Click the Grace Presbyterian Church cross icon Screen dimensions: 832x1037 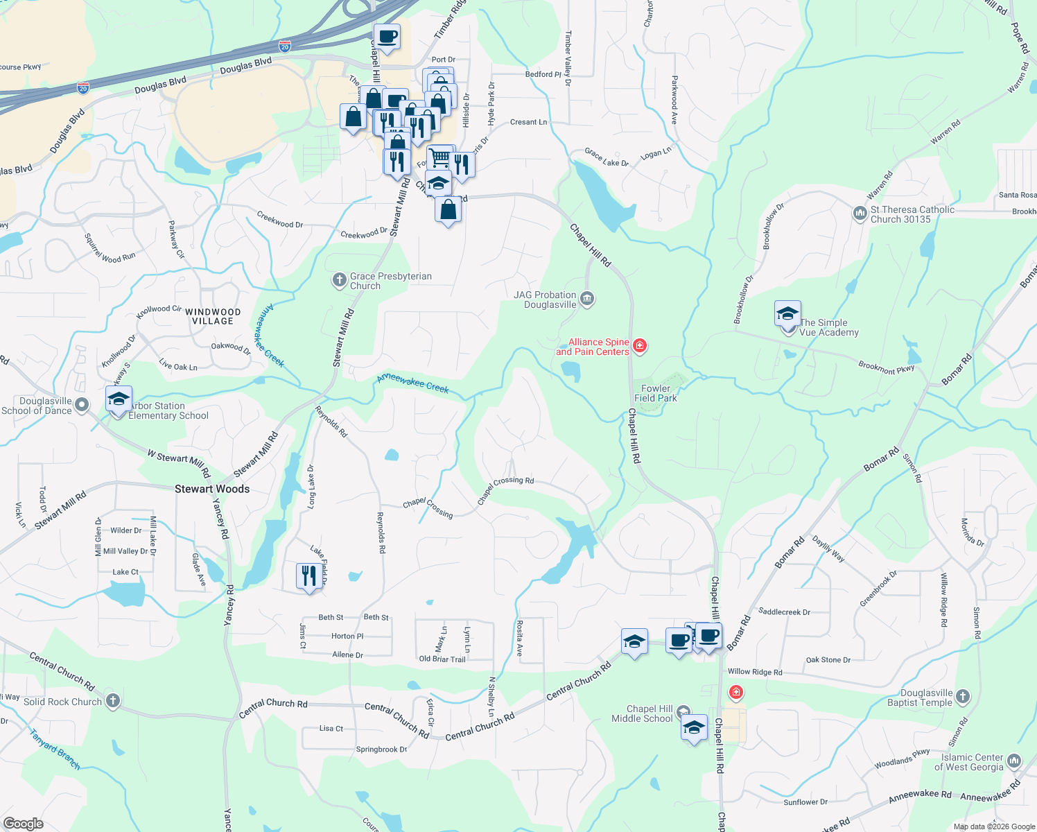339,280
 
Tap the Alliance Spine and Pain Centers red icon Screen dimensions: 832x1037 640,346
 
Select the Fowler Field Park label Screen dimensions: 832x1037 656,393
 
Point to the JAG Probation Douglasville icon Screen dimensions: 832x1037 587,299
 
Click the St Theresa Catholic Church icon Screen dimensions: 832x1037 860,214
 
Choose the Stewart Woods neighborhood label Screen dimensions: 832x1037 212,489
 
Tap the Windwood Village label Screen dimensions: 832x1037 213,316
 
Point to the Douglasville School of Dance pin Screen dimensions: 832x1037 82,405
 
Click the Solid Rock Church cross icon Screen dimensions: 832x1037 112,701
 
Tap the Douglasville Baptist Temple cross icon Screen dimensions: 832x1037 963,696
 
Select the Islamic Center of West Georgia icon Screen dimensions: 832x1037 1014,761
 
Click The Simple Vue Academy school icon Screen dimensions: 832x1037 787,314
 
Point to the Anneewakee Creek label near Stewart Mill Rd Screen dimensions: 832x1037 413,383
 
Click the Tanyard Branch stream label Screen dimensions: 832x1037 55,749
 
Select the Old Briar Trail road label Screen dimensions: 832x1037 442,659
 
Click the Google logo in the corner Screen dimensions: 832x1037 23,824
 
